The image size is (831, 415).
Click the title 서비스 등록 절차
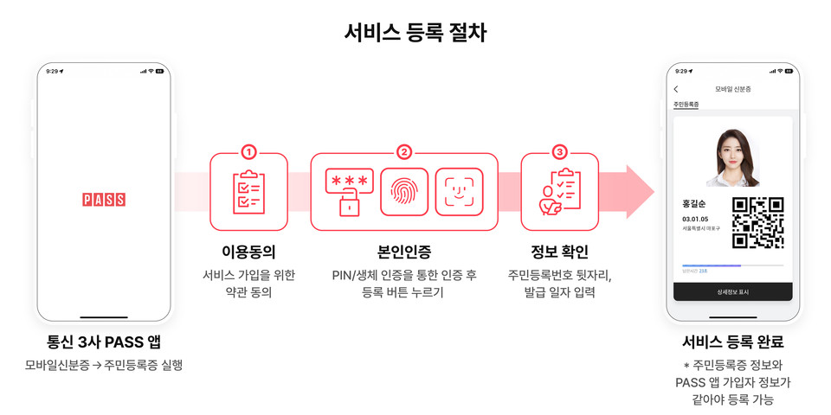(x=415, y=33)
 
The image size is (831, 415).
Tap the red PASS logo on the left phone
(x=104, y=200)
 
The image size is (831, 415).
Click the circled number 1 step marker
(x=248, y=153)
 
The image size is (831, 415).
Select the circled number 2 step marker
(x=404, y=153)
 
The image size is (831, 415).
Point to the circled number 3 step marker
(x=559, y=153)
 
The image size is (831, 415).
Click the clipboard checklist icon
(x=248, y=192)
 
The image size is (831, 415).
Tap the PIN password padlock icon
(x=349, y=192)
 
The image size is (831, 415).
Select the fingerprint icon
(x=404, y=192)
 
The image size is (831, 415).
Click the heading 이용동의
(x=248, y=252)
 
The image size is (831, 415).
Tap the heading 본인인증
(x=404, y=252)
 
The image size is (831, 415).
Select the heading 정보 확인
(x=559, y=252)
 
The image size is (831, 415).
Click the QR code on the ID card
(x=757, y=222)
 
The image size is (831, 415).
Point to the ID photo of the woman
(x=732, y=156)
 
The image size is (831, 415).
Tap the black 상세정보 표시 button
(x=732, y=292)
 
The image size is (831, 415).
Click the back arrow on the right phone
(x=676, y=89)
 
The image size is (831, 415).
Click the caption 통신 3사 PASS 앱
(x=104, y=342)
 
